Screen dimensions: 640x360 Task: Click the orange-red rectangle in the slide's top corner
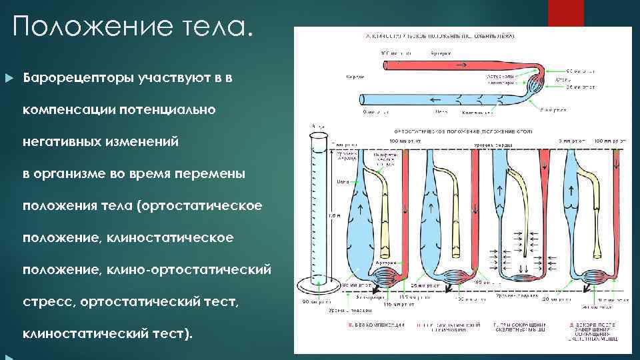click(x=565, y=13)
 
